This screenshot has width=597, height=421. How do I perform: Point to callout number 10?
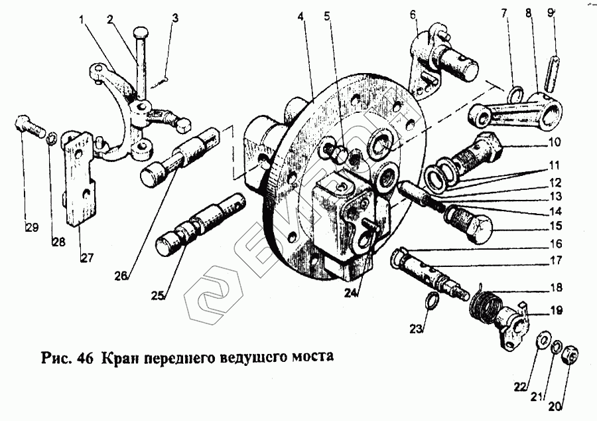tap(554, 142)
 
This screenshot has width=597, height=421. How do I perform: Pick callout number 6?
tap(413, 14)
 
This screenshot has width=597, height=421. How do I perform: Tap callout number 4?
tap(302, 15)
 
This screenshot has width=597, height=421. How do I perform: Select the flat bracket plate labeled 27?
tap(80, 179)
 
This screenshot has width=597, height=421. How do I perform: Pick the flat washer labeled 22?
tap(541, 341)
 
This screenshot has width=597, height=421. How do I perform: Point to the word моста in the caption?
tap(310, 356)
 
